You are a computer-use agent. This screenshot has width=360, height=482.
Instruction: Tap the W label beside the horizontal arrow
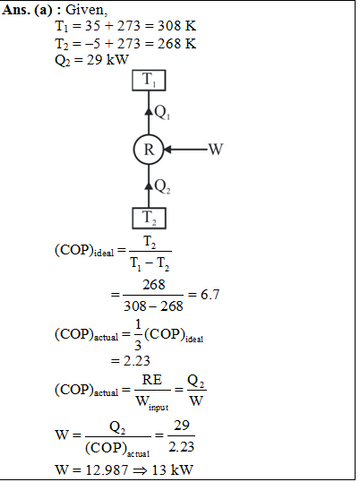coord(216,150)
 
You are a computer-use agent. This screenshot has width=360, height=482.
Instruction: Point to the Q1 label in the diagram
coord(162,112)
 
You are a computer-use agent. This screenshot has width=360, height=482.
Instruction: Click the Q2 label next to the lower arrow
coord(162,186)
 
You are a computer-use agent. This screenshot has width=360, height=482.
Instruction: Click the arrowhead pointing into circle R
coord(167,150)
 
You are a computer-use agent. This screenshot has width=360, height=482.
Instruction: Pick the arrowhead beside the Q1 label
coord(149,111)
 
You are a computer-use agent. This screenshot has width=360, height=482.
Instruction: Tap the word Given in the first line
coord(86,10)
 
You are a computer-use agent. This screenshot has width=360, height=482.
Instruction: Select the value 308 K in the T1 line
coord(176,26)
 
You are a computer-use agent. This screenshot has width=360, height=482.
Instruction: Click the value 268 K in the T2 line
coord(176,44)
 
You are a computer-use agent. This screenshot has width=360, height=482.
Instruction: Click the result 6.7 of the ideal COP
coord(210,295)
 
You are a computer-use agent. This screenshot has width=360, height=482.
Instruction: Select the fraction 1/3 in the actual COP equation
coord(138,335)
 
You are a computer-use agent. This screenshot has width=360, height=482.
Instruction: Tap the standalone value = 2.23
coord(130,360)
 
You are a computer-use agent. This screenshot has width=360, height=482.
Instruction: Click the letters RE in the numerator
coord(152,380)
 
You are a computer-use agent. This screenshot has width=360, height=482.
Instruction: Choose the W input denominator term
coord(151,402)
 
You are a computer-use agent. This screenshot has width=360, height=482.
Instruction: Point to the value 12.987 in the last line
coord(107,469)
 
